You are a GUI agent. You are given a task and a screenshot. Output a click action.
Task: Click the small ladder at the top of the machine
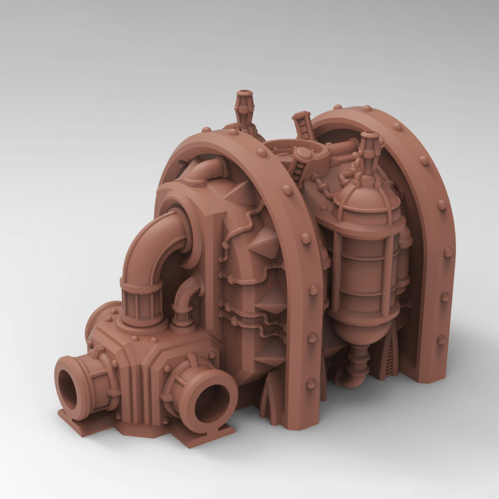point(302,125)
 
